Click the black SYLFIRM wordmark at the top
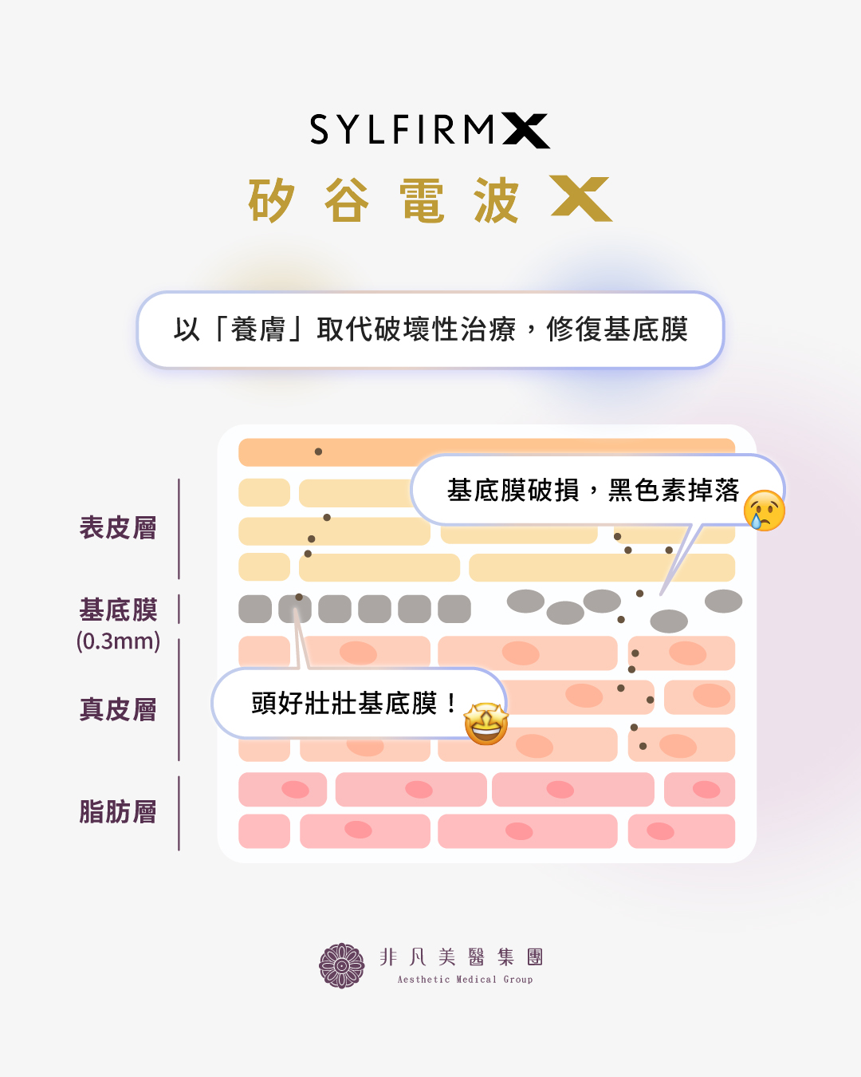[x=403, y=130]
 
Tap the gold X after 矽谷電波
[x=581, y=199]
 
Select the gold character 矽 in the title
[x=271, y=200]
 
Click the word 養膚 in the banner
[x=258, y=329]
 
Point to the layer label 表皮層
[x=118, y=528]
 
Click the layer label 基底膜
[x=118, y=610]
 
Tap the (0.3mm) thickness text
[x=118, y=641]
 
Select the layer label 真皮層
[x=118, y=709]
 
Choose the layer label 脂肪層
[x=118, y=812]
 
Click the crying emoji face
[x=765, y=511]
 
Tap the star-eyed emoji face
[x=486, y=724]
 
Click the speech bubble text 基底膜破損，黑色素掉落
[x=593, y=491]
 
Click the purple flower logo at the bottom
[x=341, y=965]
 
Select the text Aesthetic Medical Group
[x=465, y=980]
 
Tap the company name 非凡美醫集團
[x=462, y=957]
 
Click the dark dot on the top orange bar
[x=318, y=452]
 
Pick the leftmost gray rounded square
[x=255, y=609]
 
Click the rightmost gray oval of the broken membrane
[x=723, y=602]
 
